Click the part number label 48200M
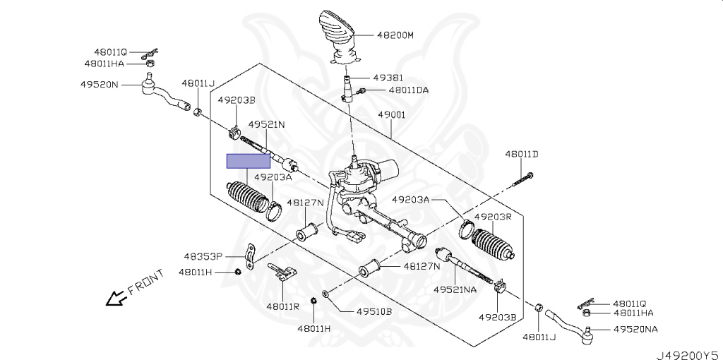point(395,34)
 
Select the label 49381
point(388,78)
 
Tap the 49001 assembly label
point(391,114)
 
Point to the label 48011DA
point(408,90)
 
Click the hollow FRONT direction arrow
point(114,299)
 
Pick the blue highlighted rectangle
point(248,161)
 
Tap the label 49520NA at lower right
point(635,329)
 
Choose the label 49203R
point(492,217)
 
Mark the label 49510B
point(374,311)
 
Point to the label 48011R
point(282,306)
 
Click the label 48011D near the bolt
point(521,153)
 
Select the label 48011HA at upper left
point(104,63)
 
